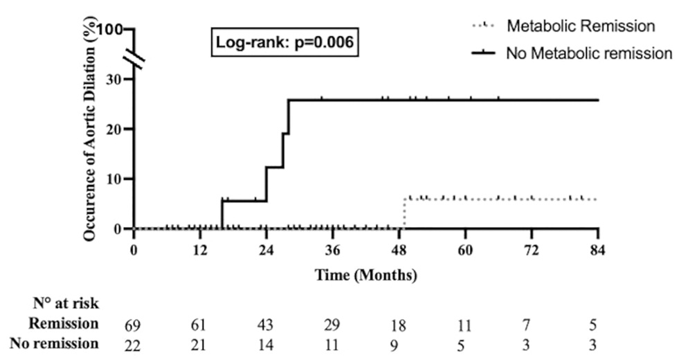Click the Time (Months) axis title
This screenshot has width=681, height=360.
[x=366, y=275]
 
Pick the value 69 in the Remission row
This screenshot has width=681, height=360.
[x=134, y=324]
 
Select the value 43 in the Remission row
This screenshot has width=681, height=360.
[x=266, y=324]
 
